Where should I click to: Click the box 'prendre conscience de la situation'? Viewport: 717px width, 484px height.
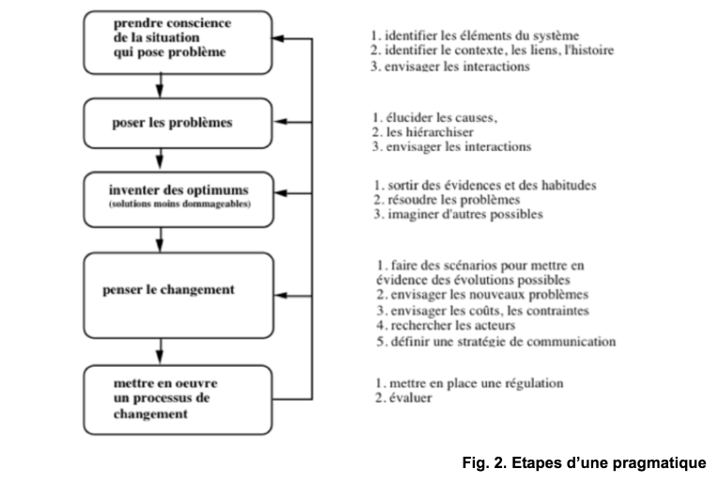(178, 42)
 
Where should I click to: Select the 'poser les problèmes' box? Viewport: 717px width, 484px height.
(178, 123)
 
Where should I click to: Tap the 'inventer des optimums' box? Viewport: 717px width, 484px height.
(179, 199)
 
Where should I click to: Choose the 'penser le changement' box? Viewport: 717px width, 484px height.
(179, 295)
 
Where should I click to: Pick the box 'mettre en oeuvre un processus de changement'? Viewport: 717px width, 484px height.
(178, 400)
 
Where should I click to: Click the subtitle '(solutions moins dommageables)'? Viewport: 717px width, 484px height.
(179, 204)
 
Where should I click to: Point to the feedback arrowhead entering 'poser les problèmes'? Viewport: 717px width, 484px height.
(281, 122)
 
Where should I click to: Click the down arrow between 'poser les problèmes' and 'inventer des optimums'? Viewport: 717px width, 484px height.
(160, 159)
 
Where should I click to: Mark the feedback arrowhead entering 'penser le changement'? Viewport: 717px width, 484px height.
(282, 295)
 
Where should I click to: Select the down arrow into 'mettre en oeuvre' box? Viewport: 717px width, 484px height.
(160, 352)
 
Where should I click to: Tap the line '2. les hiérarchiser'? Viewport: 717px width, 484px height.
(422, 132)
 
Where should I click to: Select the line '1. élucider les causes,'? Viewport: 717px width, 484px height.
(435, 117)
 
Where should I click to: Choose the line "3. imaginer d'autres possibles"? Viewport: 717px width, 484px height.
(458, 215)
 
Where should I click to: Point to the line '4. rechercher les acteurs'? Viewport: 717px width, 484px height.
(446, 325)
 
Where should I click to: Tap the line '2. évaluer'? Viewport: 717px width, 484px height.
(404, 398)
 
